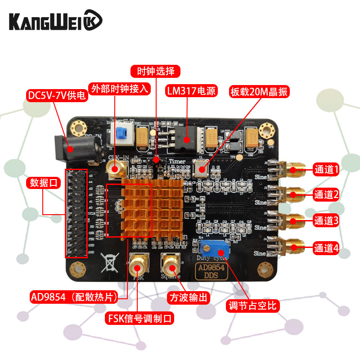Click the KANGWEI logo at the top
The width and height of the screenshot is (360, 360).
coord(56,20)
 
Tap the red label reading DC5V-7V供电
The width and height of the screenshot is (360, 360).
coord(57,96)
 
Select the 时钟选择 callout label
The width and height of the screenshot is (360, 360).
coord(156,71)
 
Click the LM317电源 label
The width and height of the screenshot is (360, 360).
coord(191,91)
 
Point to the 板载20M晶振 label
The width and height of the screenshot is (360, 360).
coord(259,91)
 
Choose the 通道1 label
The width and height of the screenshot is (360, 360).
coord(326,170)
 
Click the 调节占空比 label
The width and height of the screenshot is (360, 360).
coord(253,306)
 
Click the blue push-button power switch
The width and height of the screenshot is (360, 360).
coord(121,133)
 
